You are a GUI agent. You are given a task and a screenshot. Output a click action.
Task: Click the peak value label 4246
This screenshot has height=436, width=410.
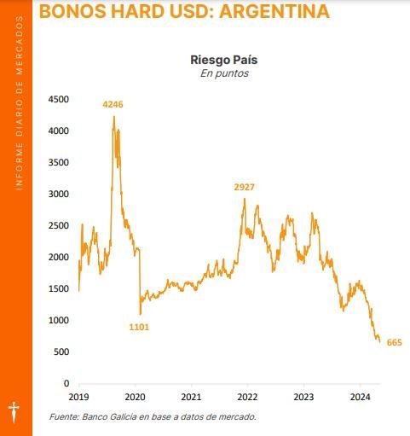[113, 104]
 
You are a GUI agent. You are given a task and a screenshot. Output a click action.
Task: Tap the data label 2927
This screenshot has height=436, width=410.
[244, 187]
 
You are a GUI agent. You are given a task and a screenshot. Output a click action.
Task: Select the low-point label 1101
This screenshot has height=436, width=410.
[139, 327]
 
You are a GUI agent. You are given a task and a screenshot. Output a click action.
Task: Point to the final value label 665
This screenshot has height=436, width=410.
[395, 342]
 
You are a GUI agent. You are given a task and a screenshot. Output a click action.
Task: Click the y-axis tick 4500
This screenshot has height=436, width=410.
[59, 99]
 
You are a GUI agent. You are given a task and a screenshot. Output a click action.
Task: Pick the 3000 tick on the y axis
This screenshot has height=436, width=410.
[59, 194]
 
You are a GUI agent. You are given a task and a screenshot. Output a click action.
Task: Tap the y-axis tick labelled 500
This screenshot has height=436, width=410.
[61, 352]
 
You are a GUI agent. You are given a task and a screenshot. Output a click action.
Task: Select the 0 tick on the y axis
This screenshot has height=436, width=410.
[66, 383]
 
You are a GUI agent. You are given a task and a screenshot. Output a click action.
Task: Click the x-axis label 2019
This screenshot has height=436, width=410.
[78, 397]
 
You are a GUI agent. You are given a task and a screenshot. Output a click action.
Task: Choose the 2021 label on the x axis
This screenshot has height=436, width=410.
[191, 397]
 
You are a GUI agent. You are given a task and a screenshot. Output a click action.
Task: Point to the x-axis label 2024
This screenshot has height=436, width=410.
[361, 397]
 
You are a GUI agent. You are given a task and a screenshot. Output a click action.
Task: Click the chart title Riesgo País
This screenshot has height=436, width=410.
[224, 60]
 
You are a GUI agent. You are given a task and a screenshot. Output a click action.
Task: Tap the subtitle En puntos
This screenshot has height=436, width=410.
[224, 73]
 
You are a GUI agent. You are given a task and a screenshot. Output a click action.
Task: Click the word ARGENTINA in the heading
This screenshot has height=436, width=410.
[274, 11]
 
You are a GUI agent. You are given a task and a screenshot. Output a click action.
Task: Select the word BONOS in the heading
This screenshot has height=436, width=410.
[73, 11]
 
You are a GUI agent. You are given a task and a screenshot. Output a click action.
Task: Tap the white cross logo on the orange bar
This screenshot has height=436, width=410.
[14, 412]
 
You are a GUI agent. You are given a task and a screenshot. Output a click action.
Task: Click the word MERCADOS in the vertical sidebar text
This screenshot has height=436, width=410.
[20, 45]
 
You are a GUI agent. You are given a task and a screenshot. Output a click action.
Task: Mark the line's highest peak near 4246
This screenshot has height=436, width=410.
[114, 116]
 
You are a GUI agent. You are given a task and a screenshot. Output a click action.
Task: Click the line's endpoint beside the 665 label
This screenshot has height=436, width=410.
[379, 342]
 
